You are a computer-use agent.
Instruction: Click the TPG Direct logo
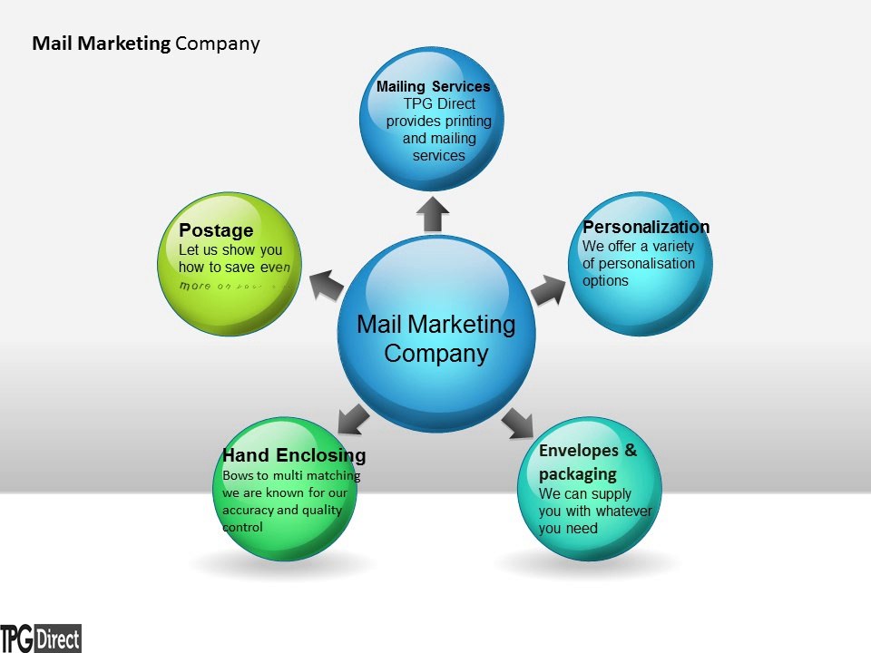tap(41, 638)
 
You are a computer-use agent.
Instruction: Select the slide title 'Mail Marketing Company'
tap(146, 44)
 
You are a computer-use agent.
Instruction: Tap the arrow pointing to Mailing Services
tap(434, 214)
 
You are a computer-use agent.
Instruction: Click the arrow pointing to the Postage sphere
tap(326, 286)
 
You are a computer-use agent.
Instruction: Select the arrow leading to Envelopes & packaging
tap(517, 422)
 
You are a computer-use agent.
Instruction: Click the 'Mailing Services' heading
tap(433, 87)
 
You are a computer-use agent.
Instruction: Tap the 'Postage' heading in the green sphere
tap(216, 230)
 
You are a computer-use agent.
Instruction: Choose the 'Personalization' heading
tap(646, 227)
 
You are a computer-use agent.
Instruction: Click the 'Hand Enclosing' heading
tap(294, 455)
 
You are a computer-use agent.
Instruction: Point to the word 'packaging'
tap(577, 473)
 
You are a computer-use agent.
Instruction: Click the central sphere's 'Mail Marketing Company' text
tap(435, 338)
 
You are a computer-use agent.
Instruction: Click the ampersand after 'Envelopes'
tap(631, 451)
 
